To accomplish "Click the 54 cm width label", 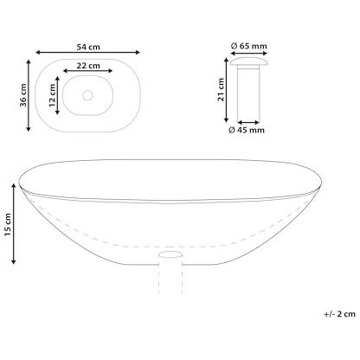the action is [88, 47].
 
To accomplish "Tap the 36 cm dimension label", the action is [23, 95].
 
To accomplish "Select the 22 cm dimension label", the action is [88, 66].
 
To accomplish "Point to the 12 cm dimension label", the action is [52, 95].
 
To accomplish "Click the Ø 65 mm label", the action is [249, 46].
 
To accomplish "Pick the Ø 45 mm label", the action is [247, 130].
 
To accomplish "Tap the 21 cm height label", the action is [221, 89].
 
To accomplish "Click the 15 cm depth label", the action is [8, 224].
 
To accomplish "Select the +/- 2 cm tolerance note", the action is [339, 314].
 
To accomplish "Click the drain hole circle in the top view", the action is [87, 95].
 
